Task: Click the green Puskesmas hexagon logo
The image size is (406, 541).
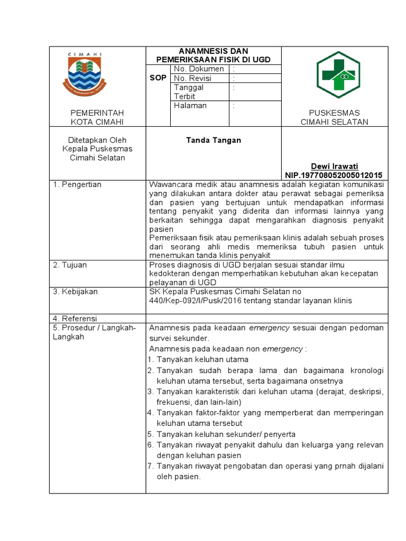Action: pos(338,75)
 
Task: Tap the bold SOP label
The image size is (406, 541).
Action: pos(158,78)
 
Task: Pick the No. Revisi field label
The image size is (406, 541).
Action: pos(193,78)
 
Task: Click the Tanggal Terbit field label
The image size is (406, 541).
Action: pos(189,92)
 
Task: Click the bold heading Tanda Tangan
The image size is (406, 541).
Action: pos(214,140)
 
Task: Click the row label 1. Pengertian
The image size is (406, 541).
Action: pos(77,184)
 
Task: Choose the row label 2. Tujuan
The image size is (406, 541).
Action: pos(70,265)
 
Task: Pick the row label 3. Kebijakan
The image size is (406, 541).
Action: pos(75,291)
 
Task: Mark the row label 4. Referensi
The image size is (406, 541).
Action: pos(75,318)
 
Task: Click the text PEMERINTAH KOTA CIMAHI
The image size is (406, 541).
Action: pos(97,117)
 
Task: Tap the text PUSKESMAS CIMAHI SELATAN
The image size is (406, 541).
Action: pos(334,117)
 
